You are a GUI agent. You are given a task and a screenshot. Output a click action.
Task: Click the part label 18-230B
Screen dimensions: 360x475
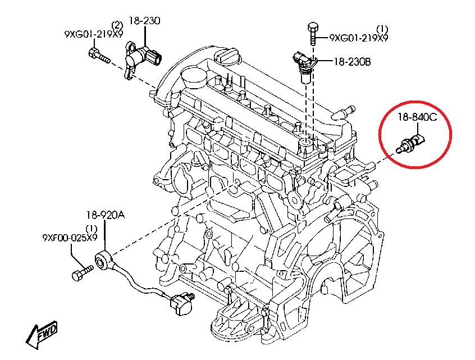pos(352,63)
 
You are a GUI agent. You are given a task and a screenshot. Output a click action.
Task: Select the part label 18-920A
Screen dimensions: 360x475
pos(106,215)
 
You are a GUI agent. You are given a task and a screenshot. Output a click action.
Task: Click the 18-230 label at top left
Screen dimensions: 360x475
pos(144,21)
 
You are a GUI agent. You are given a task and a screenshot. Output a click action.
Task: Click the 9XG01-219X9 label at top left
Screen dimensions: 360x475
pos(93,34)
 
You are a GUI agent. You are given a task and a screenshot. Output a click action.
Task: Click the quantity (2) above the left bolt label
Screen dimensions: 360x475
pos(117,25)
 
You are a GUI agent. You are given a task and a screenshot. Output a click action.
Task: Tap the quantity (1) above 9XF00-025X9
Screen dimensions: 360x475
pos(92,229)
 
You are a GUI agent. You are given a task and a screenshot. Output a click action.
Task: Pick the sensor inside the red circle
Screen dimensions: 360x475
pos(413,143)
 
